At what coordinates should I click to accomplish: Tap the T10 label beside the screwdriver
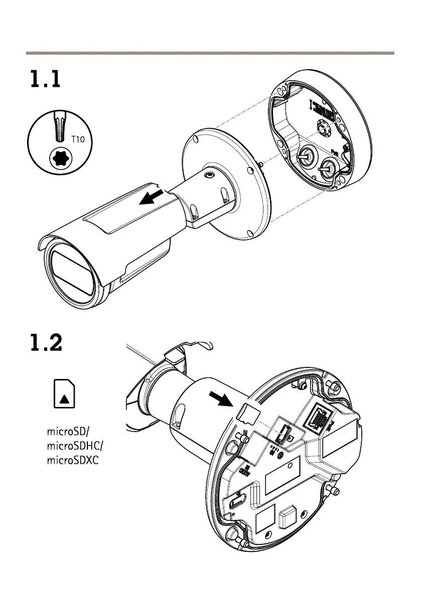pyautogui.click(x=78, y=140)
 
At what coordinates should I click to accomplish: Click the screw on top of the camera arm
pyautogui.click(x=208, y=175)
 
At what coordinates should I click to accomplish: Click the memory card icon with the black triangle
pyautogui.click(x=64, y=393)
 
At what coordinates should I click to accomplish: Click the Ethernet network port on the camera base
pyautogui.click(x=318, y=417)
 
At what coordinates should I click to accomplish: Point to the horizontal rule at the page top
pyautogui.click(x=210, y=52)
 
